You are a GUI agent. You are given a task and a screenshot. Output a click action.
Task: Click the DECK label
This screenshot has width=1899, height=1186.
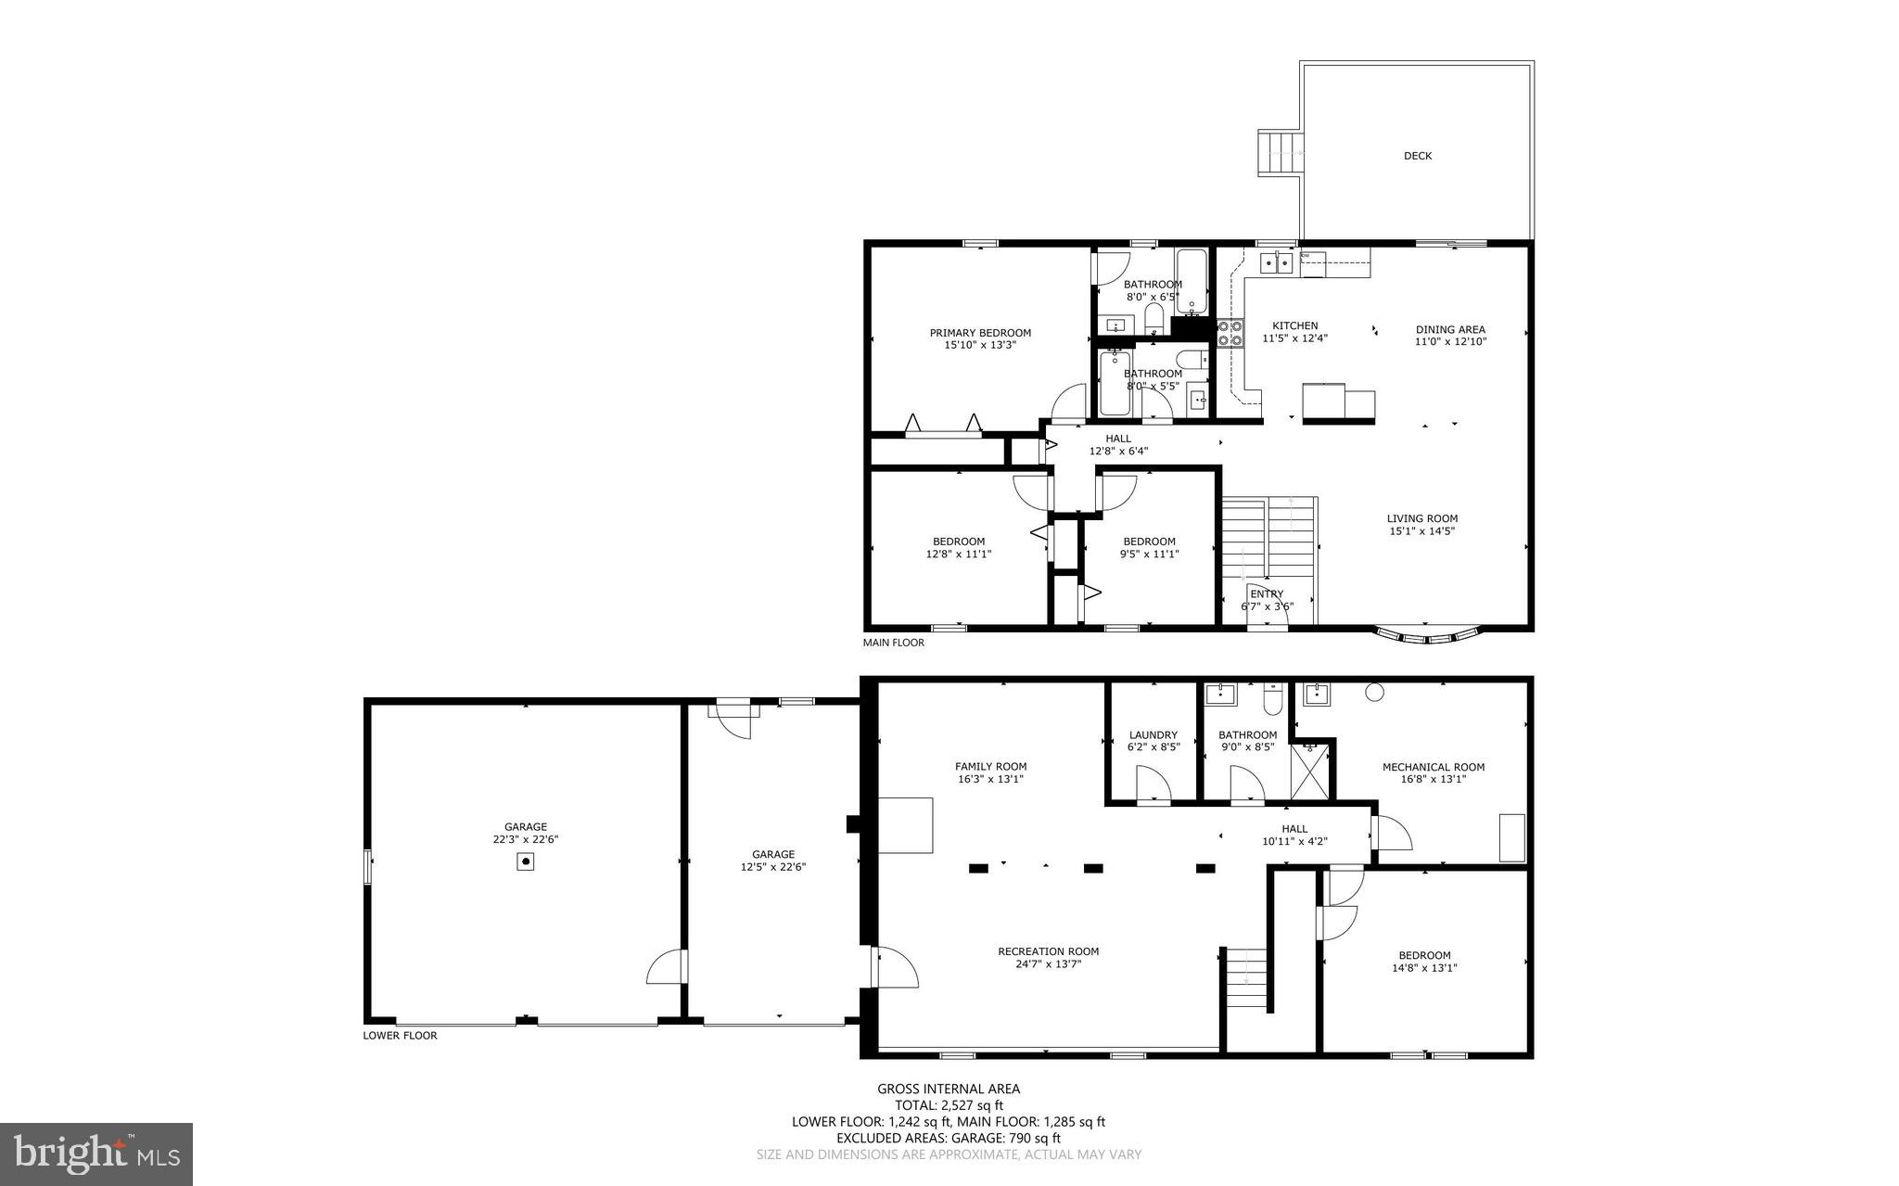(1417, 156)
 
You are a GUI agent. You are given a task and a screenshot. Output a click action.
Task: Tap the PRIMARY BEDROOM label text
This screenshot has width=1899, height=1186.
(980, 333)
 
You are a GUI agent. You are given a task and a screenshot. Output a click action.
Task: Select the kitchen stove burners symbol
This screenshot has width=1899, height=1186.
(1230, 333)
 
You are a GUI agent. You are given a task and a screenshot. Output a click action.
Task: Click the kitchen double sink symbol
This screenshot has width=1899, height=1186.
(1276, 263)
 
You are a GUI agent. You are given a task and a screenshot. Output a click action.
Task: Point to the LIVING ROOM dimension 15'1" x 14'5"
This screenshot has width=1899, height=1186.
(1421, 531)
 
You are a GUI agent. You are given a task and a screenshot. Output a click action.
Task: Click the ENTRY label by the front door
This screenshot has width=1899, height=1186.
(1267, 594)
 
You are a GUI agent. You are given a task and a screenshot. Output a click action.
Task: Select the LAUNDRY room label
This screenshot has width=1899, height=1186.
(1153, 734)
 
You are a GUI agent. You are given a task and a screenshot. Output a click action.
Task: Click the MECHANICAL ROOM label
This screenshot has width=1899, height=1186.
(1433, 767)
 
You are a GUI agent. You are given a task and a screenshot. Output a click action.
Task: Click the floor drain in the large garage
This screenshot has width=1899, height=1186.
(526, 862)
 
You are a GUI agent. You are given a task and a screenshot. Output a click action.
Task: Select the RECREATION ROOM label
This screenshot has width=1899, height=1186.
(1048, 950)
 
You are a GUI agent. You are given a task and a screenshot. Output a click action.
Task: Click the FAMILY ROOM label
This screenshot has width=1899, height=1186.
(990, 766)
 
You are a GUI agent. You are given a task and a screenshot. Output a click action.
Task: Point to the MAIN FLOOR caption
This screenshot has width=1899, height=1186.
(893, 643)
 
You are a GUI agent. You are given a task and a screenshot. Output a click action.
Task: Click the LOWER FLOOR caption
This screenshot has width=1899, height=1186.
(400, 1036)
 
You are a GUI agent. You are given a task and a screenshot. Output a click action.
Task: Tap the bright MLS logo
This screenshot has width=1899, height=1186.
(96, 1154)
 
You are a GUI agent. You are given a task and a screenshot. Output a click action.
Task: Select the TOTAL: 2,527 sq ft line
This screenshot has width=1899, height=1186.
(949, 1105)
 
